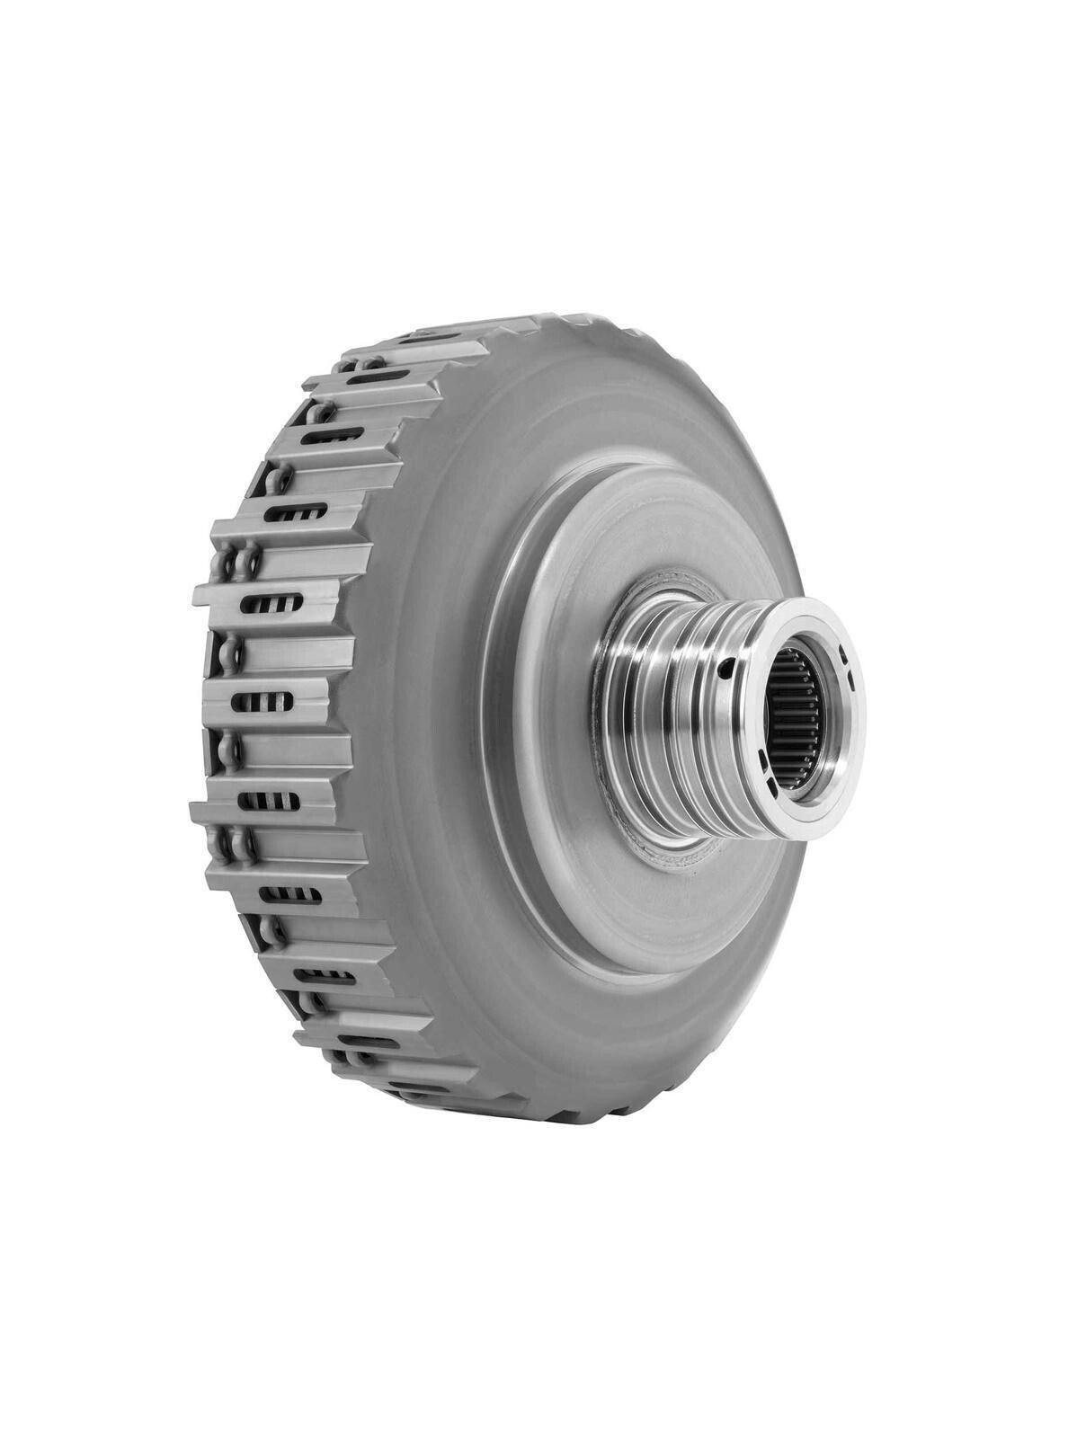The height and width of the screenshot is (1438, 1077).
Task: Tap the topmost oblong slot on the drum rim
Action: tap(378, 376)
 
